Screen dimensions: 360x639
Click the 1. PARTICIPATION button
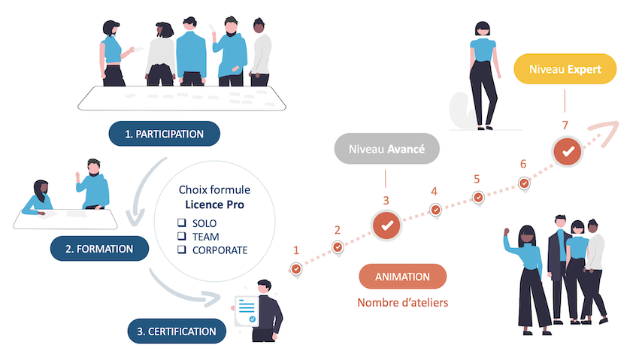pyautogui.click(x=164, y=135)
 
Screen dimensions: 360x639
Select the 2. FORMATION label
pyautogui.click(x=103, y=248)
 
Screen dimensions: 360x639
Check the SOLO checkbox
pyautogui.click(x=181, y=224)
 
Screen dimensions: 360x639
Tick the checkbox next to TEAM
pyautogui.click(x=181, y=237)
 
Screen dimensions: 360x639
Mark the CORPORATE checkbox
pyautogui.click(x=181, y=250)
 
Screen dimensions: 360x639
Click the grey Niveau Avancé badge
pyautogui.click(x=386, y=149)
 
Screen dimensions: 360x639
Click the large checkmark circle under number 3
pyautogui.click(x=386, y=224)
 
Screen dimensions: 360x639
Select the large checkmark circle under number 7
pyautogui.click(x=566, y=151)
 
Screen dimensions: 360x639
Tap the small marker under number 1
pyautogui.click(x=296, y=268)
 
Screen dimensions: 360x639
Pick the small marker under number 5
pyautogui.click(x=478, y=198)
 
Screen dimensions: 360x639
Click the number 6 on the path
pyautogui.click(x=523, y=164)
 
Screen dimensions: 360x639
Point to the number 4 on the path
pyautogui.click(x=434, y=191)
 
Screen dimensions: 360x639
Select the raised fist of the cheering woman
pyautogui.click(x=507, y=231)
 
